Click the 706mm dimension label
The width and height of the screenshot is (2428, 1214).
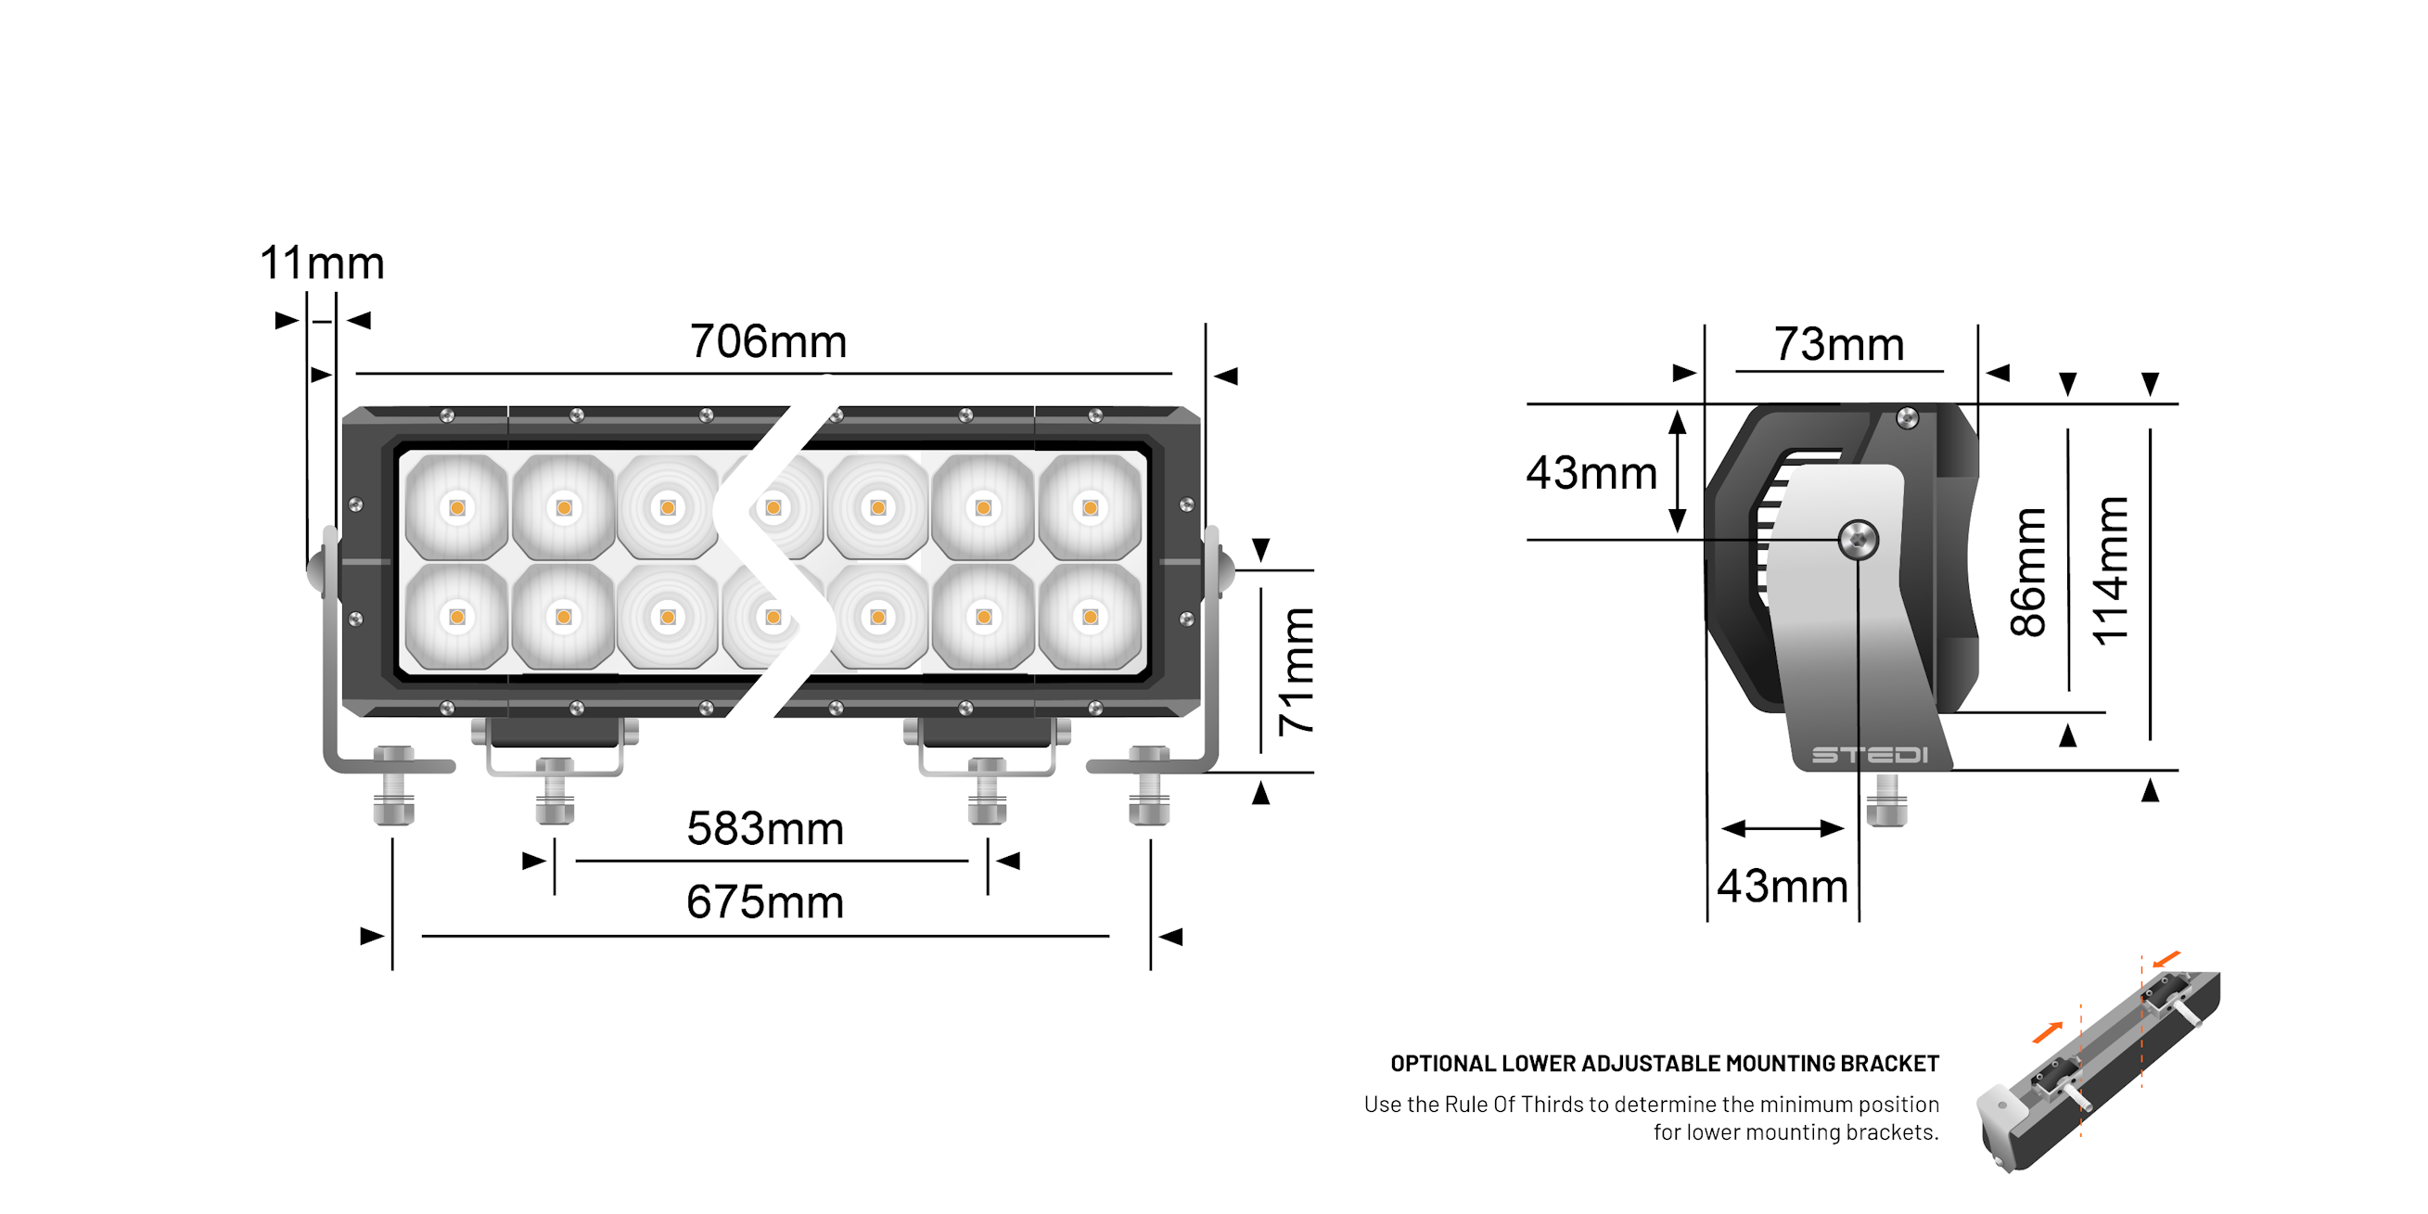pyautogui.click(x=768, y=341)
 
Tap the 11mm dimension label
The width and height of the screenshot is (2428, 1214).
pyautogui.click(x=322, y=263)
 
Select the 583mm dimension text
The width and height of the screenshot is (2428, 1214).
pyautogui.click(x=764, y=828)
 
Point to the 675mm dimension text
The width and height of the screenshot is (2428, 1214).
pyautogui.click(x=764, y=902)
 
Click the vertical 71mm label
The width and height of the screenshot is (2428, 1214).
pyautogui.click(x=1296, y=671)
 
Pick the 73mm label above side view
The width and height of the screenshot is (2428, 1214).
pyautogui.click(x=1838, y=344)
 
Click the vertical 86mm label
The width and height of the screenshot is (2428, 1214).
pyautogui.click(x=2027, y=571)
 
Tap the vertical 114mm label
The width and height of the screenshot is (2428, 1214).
pyautogui.click(x=2111, y=571)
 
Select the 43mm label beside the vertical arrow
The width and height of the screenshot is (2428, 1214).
pyautogui.click(x=1591, y=472)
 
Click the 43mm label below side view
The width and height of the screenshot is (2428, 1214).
pyautogui.click(x=1782, y=886)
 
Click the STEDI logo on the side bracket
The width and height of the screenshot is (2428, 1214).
pyautogui.click(x=1869, y=755)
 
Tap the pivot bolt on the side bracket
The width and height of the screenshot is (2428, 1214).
pyautogui.click(x=1858, y=540)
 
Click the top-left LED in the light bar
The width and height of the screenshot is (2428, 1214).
pyautogui.click(x=457, y=508)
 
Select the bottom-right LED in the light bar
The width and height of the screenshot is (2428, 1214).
pyautogui.click(x=1090, y=618)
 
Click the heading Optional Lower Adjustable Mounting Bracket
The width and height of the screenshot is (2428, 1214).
pyautogui.click(x=1664, y=1063)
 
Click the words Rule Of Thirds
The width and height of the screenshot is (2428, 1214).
pyautogui.click(x=1514, y=1104)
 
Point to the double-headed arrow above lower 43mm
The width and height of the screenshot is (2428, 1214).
pyautogui.click(x=1782, y=828)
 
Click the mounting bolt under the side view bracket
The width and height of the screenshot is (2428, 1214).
pyautogui.click(x=1886, y=800)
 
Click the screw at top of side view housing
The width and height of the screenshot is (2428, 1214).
pyautogui.click(x=1906, y=417)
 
